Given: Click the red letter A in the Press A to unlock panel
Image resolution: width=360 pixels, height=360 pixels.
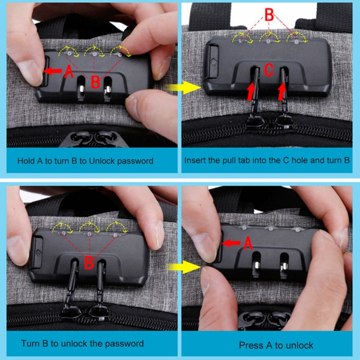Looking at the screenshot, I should pyautogui.click(x=248, y=244).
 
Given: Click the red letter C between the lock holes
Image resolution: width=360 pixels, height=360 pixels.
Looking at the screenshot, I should pyautogui.click(x=269, y=71).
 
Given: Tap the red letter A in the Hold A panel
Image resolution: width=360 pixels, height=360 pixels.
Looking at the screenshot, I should pyautogui.click(x=69, y=72).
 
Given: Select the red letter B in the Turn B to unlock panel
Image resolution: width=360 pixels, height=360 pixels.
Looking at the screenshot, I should pyautogui.click(x=89, y=263).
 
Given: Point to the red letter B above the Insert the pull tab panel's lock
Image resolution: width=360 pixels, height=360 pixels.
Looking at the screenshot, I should pyautogui.click(x=269, y=14).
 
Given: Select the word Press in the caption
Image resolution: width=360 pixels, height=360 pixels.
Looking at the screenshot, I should pyautogui.click(x=250, y=345).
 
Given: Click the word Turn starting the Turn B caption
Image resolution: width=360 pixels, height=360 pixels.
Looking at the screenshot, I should pyautogui.click(x=30, y=343).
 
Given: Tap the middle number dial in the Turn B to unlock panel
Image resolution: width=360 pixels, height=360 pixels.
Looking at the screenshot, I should pyautogui.click(x=88, y=234).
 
